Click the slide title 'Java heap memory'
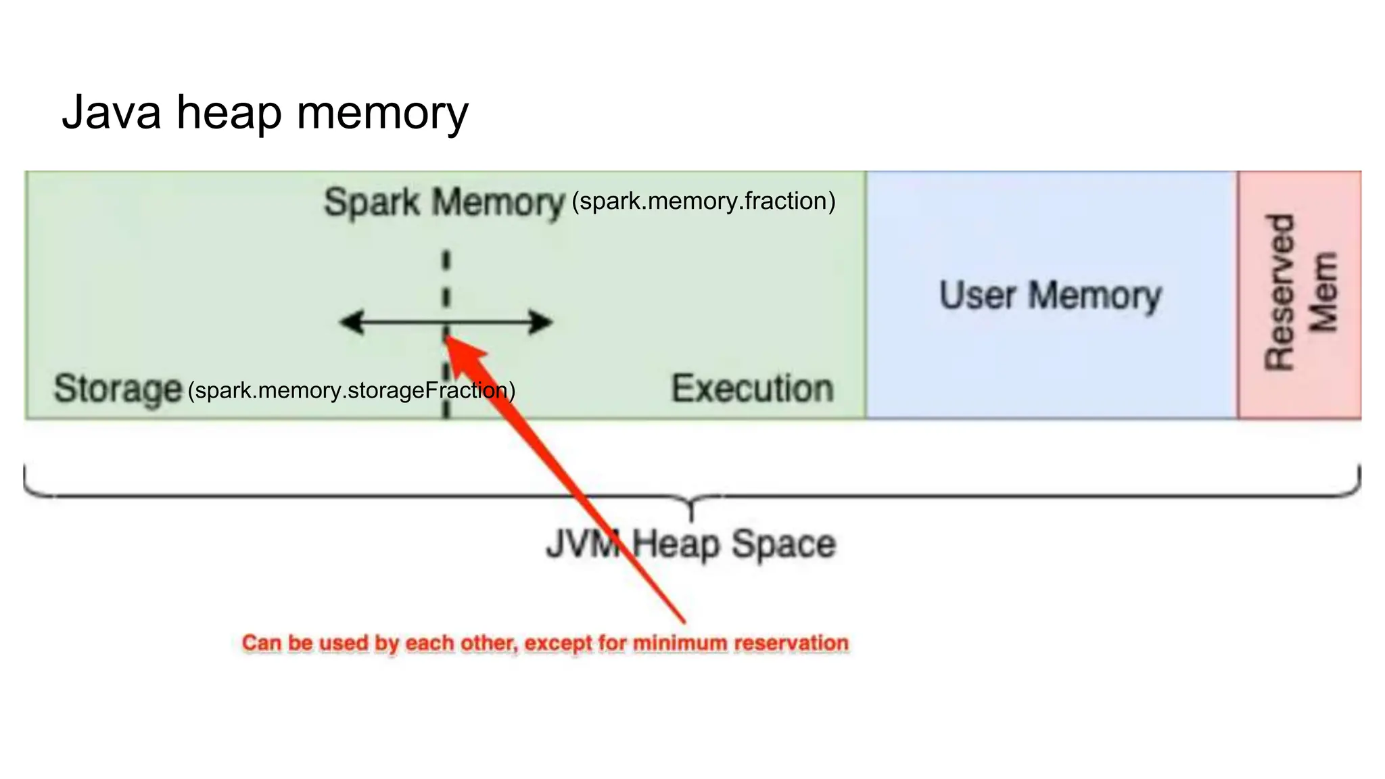[265, 112]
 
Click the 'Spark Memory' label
[444, 202]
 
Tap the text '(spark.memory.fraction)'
[703, 202]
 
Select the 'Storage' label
[118, 389]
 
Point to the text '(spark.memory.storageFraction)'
[352, 390]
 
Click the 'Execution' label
[752, 389]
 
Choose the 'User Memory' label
[1050, 296]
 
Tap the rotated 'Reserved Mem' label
[1300, 293]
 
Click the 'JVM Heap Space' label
[691, 544]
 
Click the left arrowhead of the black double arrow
[350, 323]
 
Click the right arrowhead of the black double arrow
[542, 323]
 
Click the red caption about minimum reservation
[545, 642]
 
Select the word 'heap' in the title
[229, 114]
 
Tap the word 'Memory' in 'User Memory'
[1096, 296]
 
